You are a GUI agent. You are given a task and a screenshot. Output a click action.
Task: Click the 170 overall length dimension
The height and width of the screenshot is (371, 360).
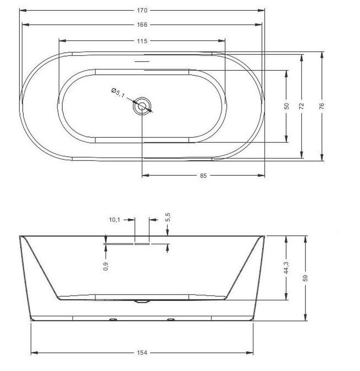pyautogui.click(x=142, y=10)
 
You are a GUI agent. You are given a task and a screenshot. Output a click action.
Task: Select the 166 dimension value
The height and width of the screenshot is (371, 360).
pyautogui.click(x=142, y=25)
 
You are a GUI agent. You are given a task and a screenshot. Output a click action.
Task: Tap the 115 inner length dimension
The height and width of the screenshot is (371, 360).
pyautogui.click(x=142, y=41)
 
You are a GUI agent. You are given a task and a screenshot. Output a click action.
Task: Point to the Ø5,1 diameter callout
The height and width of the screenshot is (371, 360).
pyautogui.click(x=118, y=93)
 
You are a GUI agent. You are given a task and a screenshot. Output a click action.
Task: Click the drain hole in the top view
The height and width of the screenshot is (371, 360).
pyautogui.click(x=142, y=106)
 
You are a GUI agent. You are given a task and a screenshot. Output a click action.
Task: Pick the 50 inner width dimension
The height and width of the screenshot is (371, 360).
pyautogui.click(x=287, y=106)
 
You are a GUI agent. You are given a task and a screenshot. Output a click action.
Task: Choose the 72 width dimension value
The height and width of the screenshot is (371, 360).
pyautogui.click(x=301, y=106)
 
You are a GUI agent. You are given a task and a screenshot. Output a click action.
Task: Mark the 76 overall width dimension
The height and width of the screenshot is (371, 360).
pyautogui.click(x=322, y=106)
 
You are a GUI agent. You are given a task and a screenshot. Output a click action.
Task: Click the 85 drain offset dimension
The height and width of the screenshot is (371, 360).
pyautogui.click(x=203, y=175)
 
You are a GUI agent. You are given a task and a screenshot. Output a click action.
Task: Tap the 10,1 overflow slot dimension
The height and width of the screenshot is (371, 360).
pyautogui.click(x=115, y=220)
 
